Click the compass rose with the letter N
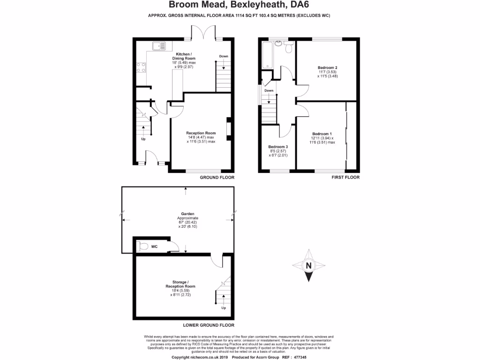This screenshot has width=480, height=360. [308, 266]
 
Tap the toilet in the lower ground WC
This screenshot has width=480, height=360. [143, 246]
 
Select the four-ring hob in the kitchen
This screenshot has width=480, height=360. [140, 67]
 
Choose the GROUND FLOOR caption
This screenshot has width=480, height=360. [217, 178]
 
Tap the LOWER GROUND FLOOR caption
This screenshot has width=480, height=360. [209, 325]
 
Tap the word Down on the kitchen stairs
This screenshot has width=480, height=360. [224, 56]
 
